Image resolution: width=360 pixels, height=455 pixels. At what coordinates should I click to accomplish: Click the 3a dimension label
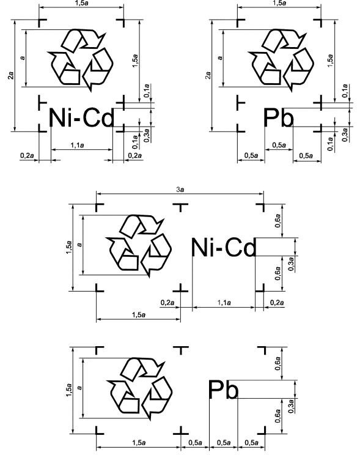tap(180, 190)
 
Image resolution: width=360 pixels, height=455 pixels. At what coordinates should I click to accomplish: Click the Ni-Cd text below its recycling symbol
tap(81, 117)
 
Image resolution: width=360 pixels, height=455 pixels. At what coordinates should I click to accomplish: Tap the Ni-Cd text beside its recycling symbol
tap(223, 247)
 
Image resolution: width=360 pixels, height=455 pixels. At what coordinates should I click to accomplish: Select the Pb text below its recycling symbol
tap(279, 117)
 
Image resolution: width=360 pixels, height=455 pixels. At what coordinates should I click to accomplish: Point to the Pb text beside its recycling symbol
tap(223, 390)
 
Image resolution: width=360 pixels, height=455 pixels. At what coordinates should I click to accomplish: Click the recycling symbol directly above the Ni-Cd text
tap(80, 60)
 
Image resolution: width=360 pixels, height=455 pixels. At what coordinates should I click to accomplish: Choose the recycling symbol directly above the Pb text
tap(281, 60)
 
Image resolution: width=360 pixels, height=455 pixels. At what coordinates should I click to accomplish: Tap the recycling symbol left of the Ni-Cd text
tap(139, 246)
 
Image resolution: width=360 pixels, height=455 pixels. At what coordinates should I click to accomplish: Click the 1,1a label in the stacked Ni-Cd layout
tap(77, 145)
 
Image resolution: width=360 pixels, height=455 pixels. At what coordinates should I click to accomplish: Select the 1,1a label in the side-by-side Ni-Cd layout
tap(224, 303)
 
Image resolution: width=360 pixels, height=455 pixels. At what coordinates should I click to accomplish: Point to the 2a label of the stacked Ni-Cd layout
tap(11, 76)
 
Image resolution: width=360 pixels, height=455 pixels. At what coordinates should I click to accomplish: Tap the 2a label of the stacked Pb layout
tap(208, 75)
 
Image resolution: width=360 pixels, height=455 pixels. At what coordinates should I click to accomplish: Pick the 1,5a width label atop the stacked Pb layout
tap(279, 3)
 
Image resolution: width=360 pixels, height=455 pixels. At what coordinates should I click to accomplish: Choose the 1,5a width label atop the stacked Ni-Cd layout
tap(81, 4)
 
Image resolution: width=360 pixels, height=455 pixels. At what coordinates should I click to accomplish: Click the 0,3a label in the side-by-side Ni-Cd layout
tap(291, 264)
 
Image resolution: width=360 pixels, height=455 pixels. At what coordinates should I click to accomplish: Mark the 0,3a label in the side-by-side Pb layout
tap(291, 406)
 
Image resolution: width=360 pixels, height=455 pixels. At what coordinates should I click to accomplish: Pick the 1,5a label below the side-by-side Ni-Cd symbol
tap(139, 315)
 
